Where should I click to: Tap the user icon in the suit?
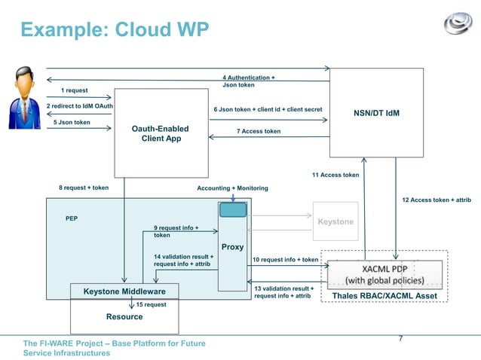point(25,97)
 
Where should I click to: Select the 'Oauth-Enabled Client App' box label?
point(160,134)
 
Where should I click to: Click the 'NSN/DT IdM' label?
point(376,114)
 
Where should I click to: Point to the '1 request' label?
point(74,90)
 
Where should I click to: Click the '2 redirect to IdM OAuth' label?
point(79,106)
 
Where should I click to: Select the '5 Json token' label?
point(72,122)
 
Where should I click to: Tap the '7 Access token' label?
point(258,131)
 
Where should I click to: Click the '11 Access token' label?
point(335,175)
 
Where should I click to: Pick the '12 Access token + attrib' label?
point(437,200)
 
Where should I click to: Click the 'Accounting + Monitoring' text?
point(232,188)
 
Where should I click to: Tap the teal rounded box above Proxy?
point(233,210)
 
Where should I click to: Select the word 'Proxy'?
point(232,246)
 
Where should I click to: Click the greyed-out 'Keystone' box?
point(335,221)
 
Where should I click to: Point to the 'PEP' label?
point(72,218)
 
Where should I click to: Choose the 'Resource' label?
point(124,316)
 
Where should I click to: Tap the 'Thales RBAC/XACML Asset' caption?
point(384,296)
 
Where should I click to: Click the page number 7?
point(400,338)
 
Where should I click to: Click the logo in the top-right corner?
point(458,25)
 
